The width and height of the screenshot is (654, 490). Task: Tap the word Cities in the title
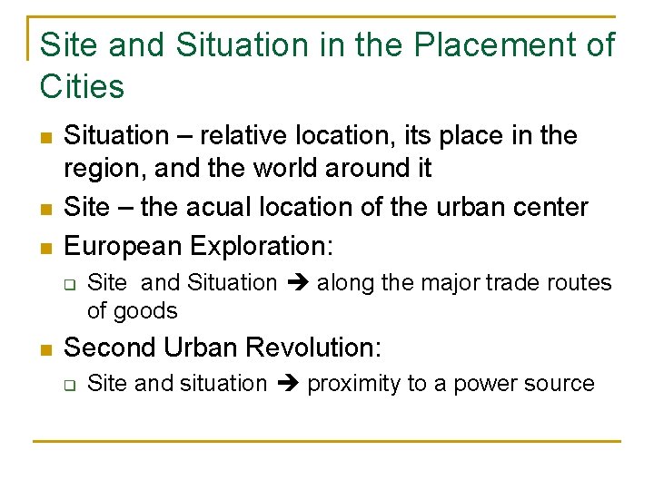82,87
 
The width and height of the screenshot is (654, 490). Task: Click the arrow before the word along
297,283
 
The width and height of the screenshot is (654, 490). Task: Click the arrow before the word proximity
287,385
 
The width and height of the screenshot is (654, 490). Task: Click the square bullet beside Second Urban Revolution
45,348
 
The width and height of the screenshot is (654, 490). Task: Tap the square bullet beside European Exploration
45,247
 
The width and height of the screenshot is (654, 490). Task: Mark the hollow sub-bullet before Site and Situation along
69,284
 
